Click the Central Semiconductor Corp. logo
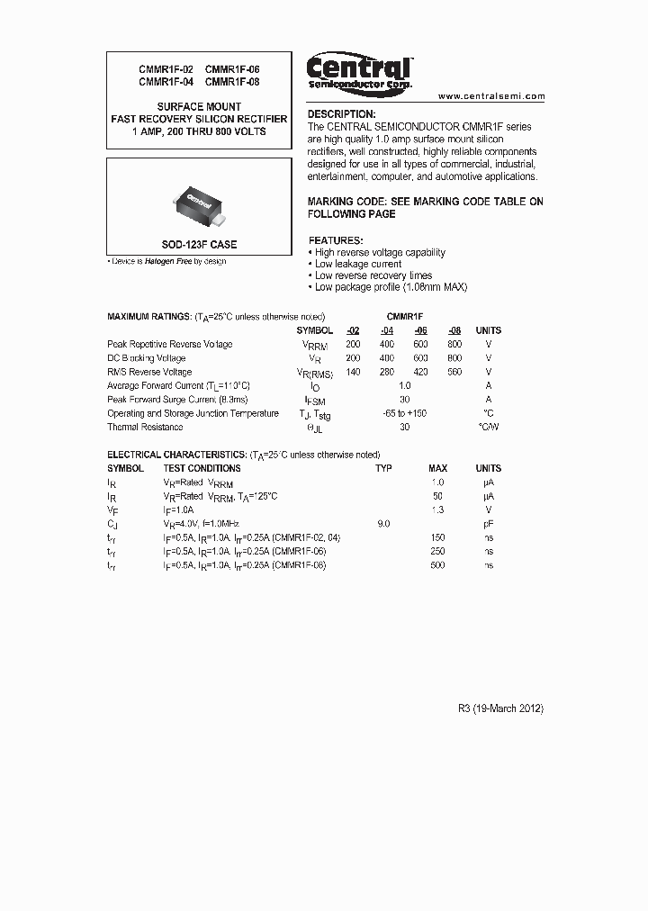pos(359,72)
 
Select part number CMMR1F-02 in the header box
pos(166,69)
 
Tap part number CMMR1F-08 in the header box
pos(232,81)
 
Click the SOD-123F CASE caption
pos(200,245)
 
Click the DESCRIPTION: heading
pos(342,114)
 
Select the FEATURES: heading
pos(336,241)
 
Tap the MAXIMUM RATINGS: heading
pos(148,317)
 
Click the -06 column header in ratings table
pos(420,330)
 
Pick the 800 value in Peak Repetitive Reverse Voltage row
pos(454,345)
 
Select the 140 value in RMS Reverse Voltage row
pos(353,372)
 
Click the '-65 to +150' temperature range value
pos(404,413)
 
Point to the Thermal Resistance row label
pos(145,427)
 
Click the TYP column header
pos(383,468)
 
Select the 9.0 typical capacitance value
pos(383,523)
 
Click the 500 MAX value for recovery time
pos(438,564)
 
